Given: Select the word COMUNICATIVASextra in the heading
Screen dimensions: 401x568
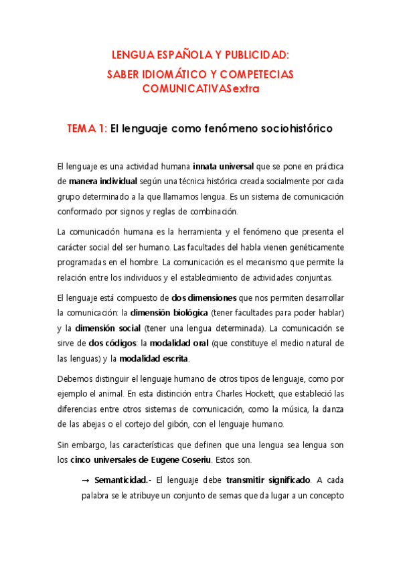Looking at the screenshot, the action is pyautogui.click(x=200, y=88).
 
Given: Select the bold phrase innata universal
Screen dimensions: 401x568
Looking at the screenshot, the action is pyautogui.click(x=225, y=166).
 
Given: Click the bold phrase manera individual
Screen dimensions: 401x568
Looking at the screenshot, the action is pyautogui.click(x=103, y=181).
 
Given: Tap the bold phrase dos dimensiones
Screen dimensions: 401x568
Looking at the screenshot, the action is pyautogui.click(x=204, y=297).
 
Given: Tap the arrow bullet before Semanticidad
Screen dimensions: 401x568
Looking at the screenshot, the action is pyautogui.click(x=85, y=480).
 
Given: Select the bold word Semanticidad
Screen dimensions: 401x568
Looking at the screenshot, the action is pyautogui.click(x=120, y=480).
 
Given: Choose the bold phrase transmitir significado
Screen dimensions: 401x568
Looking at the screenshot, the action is pyautogui.click(x=268, y=480).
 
